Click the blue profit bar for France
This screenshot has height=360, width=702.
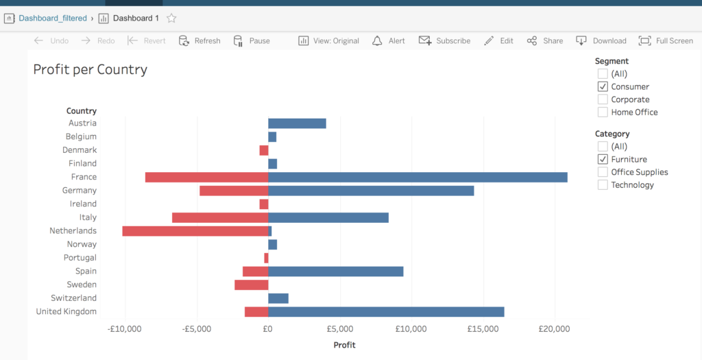point(417,177)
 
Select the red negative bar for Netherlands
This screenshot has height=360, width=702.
point(195,231)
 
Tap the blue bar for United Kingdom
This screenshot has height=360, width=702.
point(386,312)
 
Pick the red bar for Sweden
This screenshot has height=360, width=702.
point(251,285)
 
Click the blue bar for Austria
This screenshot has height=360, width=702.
point(297,123)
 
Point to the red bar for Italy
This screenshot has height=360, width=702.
point(219,217)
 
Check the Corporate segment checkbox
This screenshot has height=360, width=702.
point(603,99)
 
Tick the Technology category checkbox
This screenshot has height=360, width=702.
point(603,185)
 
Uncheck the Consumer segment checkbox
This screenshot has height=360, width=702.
point(603,86)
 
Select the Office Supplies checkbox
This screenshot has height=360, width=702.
point(603,172)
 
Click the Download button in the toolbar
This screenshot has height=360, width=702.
point(601,41)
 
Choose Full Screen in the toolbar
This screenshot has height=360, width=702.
point(666,41)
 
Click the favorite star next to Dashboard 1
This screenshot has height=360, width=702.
point(171,19)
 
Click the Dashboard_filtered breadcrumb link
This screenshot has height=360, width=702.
point(52,19)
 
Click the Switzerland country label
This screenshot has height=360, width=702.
point(73,298)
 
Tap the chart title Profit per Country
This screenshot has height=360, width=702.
point(90,69)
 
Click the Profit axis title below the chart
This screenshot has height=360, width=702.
point(344,345)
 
